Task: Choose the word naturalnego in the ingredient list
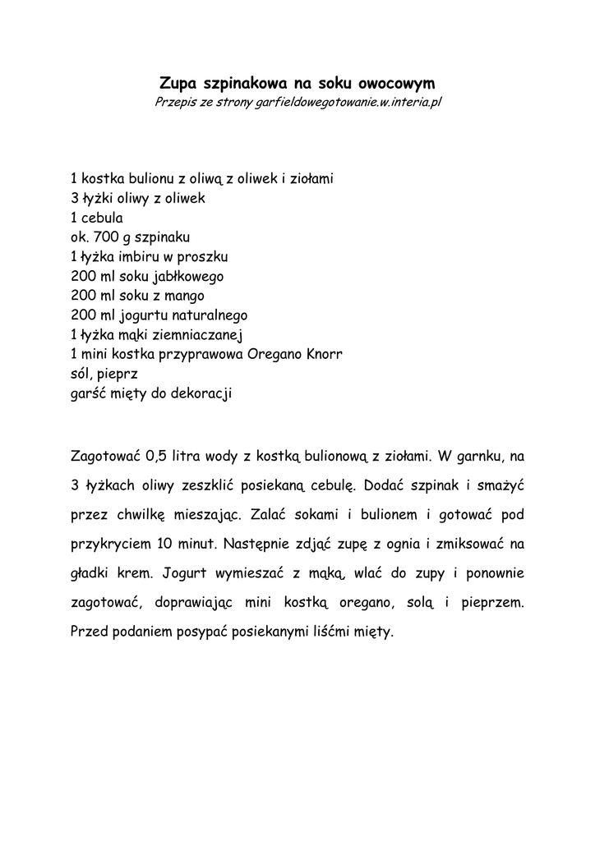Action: point(208,315)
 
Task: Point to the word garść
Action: point(90,394)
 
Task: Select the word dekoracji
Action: point(201,394)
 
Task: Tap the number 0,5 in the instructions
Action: point(156,455)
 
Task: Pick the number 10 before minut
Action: point(164,544)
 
